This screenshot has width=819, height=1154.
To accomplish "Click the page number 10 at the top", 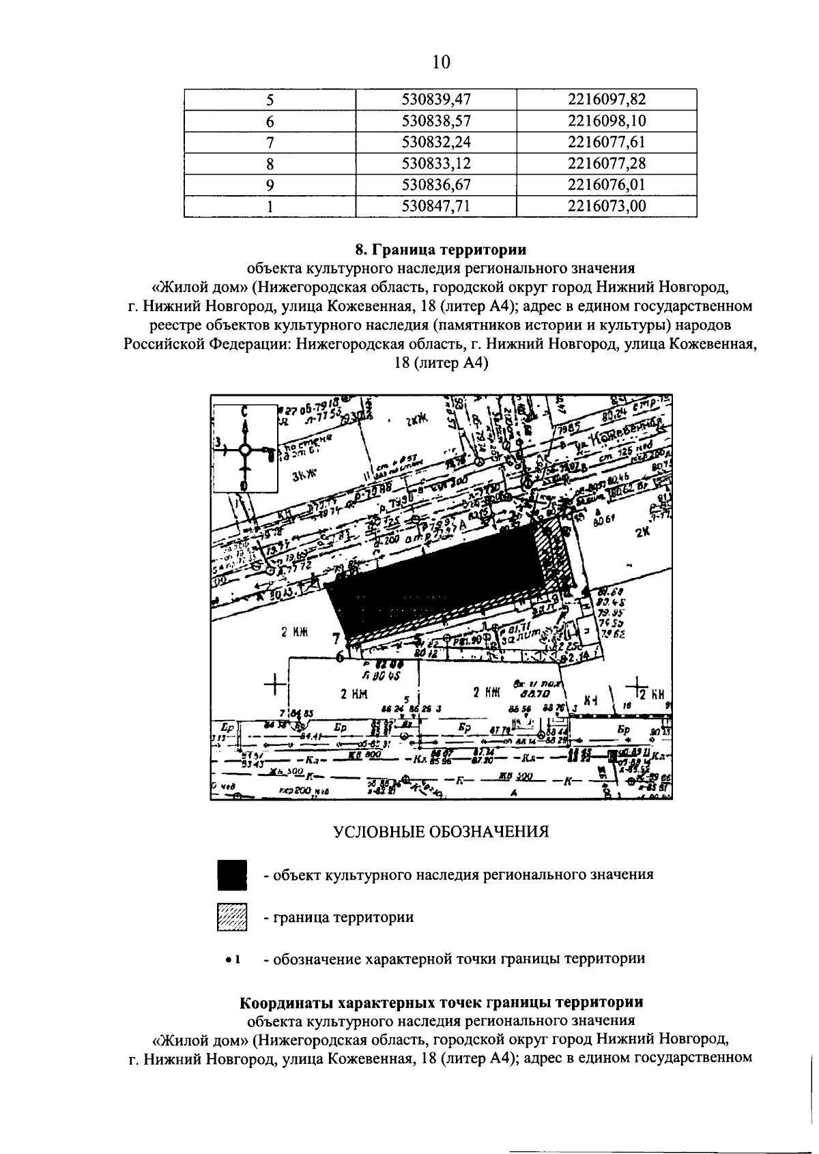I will (x=442, y=63).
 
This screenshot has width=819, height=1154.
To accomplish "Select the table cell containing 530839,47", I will (x=437, y=100).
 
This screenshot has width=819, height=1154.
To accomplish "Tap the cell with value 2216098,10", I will (x=607, y=121).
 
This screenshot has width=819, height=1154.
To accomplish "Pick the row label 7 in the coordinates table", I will (x=270, y=143).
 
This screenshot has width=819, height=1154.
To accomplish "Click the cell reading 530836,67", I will (x=437, y=185).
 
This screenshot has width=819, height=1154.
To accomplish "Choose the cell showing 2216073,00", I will (x=607, y=206).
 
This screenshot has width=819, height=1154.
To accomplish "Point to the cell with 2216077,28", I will (x=607, y=164).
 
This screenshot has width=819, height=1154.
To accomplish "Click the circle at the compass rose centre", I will (x=244, y=450).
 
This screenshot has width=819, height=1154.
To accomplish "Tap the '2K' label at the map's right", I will (x=642, y=534).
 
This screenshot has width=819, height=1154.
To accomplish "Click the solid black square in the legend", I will (x=232, y=876).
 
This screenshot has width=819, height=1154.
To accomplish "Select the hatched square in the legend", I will (x=232, y=917).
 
